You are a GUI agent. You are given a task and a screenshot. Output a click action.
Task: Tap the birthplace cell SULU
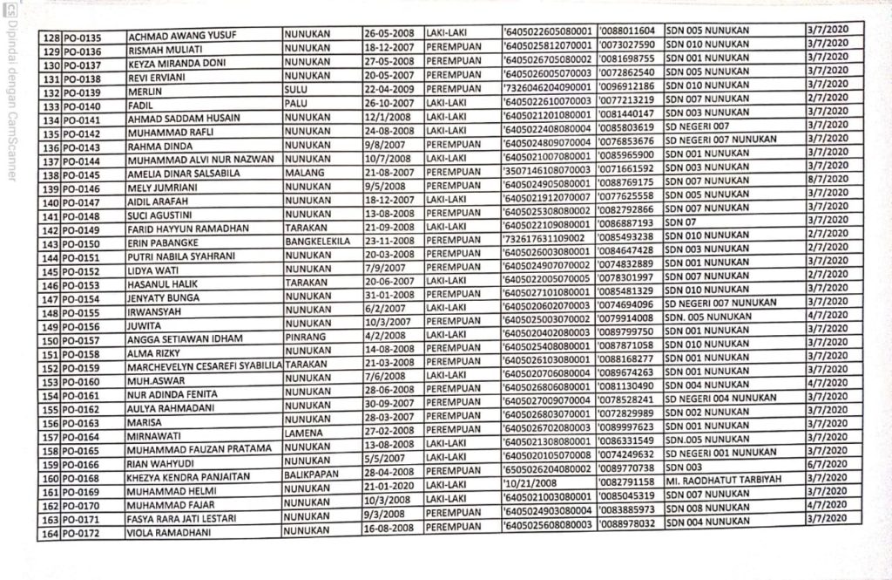coord(296,91)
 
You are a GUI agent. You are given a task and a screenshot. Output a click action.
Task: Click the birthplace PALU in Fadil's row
coord(296,105)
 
